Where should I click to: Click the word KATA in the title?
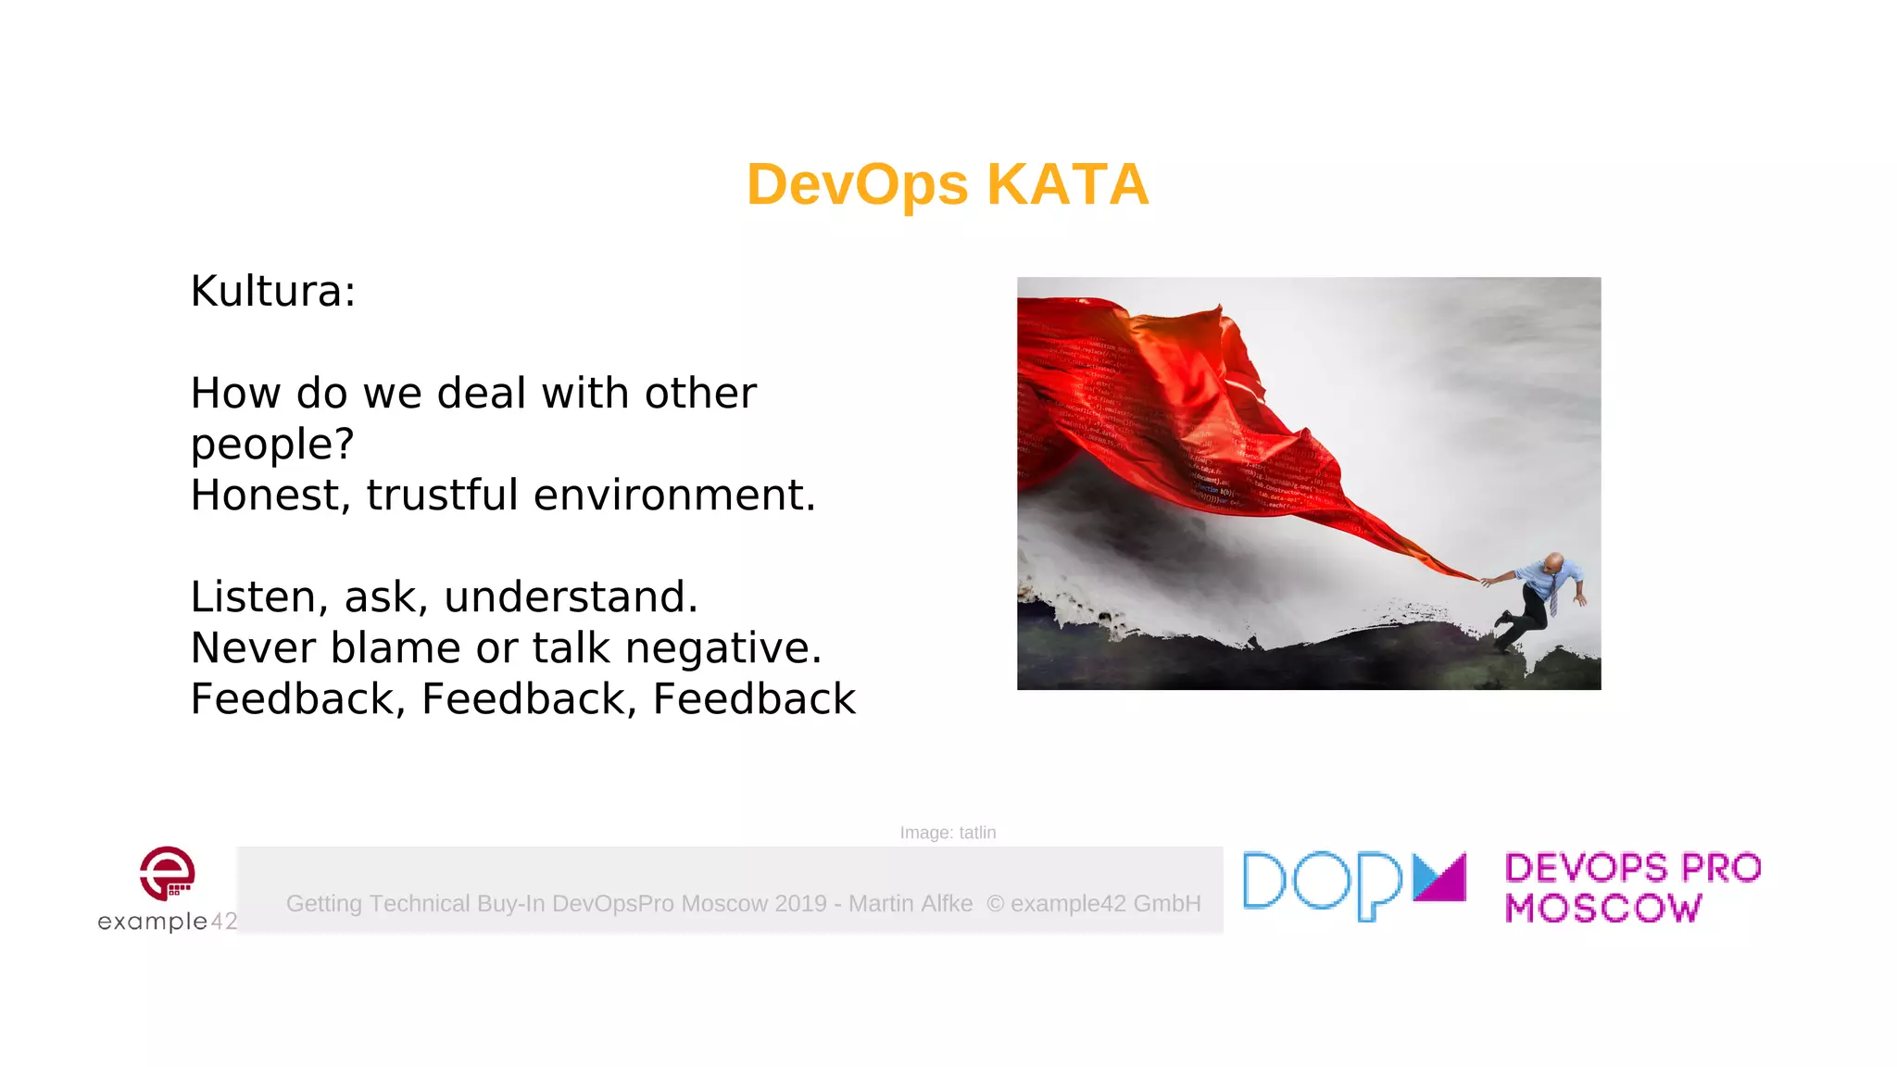1067,184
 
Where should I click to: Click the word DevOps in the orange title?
857,184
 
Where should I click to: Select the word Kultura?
268,292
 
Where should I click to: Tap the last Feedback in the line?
754,699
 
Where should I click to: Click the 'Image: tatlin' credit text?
948,833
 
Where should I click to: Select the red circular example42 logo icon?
168,872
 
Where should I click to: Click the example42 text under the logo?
168,922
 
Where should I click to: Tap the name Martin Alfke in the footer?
911,904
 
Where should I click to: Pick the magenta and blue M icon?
1439,877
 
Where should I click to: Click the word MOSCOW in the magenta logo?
1603,909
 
